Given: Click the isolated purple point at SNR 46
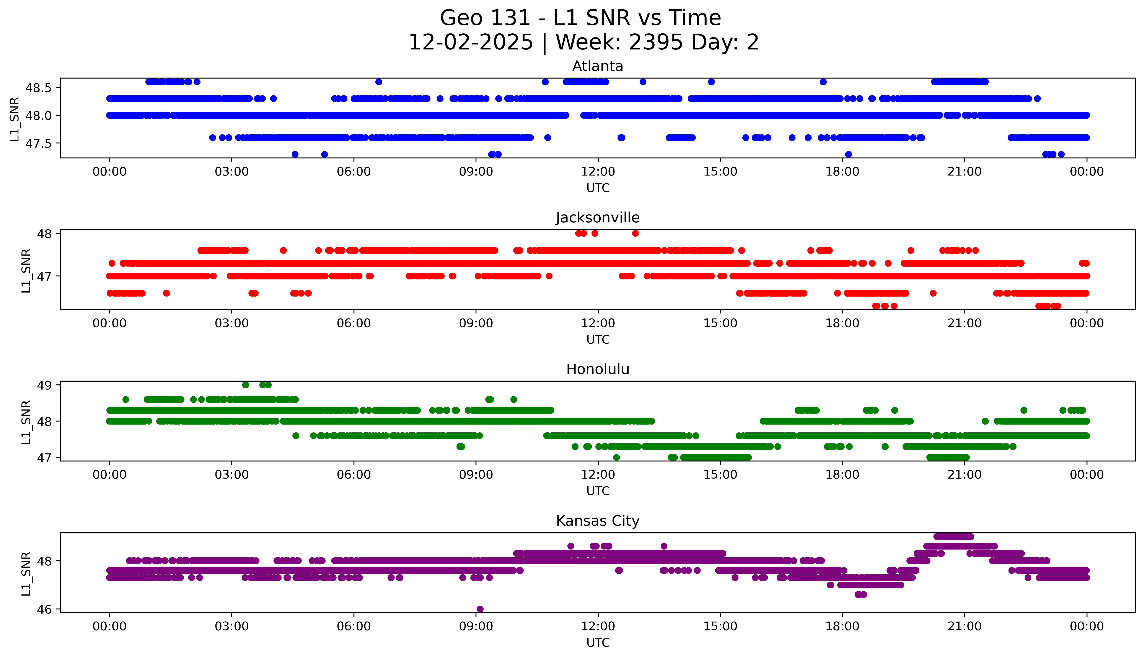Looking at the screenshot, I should tap(480, 609).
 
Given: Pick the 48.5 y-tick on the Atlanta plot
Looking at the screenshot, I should tap(39, 88).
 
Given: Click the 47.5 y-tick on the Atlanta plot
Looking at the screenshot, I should tap(39, 143).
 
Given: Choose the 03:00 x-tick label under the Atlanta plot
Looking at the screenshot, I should tap(232, 172).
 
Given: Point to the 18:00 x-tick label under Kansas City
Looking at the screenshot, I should tap(843, 626).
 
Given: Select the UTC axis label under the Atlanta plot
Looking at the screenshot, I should tap(598, 188).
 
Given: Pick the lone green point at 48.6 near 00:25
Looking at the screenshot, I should tap(126, 399).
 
